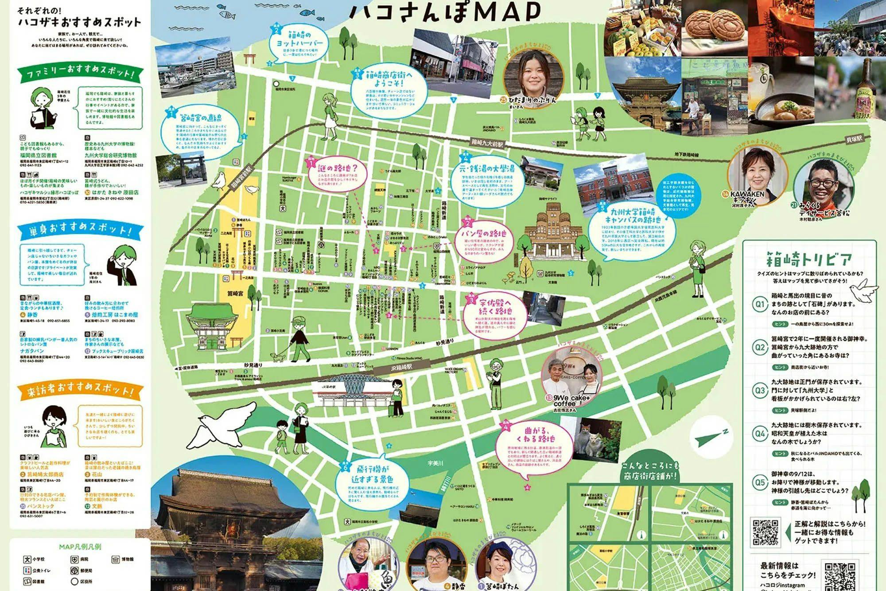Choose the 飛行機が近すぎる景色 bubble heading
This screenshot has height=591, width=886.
coord(372,474)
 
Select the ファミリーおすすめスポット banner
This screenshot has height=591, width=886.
coord(81,73)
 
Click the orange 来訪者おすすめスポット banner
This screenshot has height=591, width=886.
coord(81,390)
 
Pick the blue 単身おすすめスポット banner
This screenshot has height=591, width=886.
coord(81,230)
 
